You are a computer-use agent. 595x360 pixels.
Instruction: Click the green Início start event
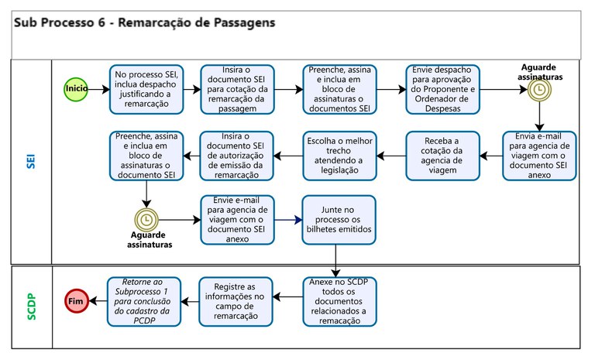click(76, 89)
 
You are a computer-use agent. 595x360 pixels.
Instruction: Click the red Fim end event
click(76, 300)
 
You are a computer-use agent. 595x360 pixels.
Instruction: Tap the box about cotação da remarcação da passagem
click(236, 89)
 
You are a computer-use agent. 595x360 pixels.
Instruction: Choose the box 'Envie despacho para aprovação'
click(442, 89)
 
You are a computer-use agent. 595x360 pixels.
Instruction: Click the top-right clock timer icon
click(540, 90)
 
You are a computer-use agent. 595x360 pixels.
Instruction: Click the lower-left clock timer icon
click(146, 220)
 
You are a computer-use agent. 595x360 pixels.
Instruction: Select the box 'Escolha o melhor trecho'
click(339, 155)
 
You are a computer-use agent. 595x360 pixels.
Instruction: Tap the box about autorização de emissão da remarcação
click(236, 155)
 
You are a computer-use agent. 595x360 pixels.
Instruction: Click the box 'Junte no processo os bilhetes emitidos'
click(339, 220)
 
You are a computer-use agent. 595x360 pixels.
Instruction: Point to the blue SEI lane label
click(31, 162)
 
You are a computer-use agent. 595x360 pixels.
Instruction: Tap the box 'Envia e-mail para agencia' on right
click(540, 155)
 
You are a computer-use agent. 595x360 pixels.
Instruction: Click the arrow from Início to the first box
click(98, 89)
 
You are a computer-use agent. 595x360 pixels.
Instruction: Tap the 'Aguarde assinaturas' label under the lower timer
click(150, 239)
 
